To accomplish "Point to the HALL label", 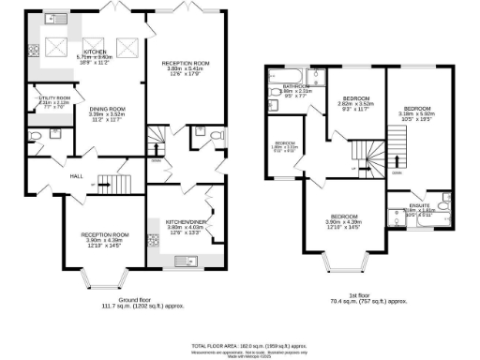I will pos(77,174).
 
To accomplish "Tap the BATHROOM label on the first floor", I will pos(290,85).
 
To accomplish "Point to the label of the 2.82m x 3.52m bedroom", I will pos(355,98).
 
